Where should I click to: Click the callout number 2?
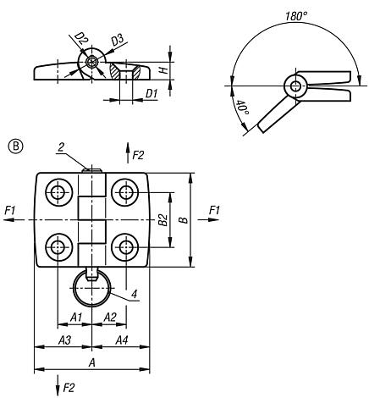pyautogui.click(x=63, y=146)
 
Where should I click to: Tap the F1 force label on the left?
pyautogui.click(x=9, y=209)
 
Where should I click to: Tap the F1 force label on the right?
pyautogui.click(x=214, y=209)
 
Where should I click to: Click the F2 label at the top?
pyautogui.click(x=140, y=156)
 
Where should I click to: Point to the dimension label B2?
pyautogui.click(x=162, y=219)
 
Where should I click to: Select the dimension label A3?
pyautogui.click(x=63, y=340)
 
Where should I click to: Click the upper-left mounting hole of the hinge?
pyautogui.click(x=58, y=192)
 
